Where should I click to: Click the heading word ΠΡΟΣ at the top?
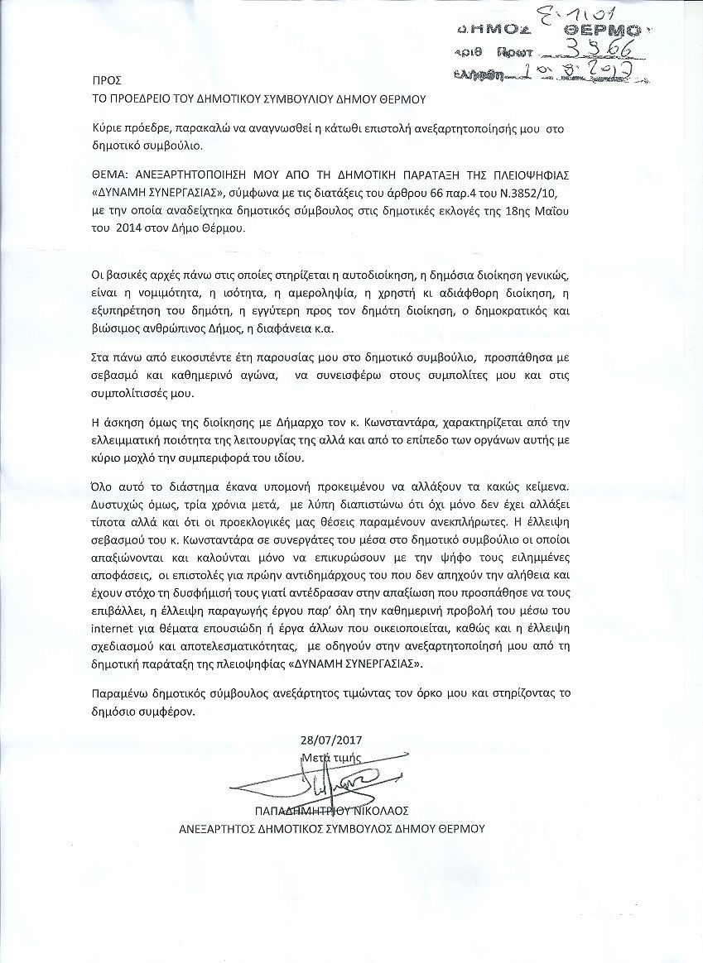[107, 80]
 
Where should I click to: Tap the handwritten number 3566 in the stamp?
[595, 48]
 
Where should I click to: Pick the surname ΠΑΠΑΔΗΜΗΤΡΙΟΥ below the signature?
[303, 811]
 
